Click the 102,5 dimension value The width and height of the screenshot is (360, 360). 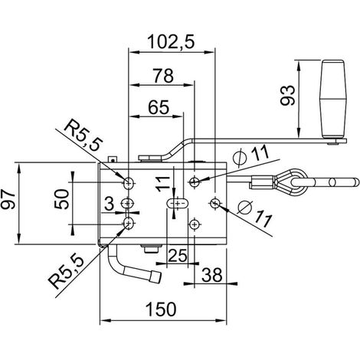click(171, 42)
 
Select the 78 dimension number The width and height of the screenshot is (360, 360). click(163, 76)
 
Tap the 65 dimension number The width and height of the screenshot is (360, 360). click(159, 107)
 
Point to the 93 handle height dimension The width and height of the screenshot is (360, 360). click(288, 96)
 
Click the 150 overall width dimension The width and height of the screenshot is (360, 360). click(161, 309)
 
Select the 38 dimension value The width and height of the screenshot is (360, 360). click(212, 275)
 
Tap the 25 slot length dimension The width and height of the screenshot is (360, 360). click(178, 255)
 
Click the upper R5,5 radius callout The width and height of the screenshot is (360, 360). click(83, 136)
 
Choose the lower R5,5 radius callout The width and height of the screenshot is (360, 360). click(67, 273)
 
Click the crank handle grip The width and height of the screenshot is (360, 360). click(333, 99)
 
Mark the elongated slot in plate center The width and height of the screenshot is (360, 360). click(178, 204)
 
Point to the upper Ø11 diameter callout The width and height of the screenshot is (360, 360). click(252, 155)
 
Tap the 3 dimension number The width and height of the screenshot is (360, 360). click(109, 204)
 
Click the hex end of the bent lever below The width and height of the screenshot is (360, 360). click(155, 277)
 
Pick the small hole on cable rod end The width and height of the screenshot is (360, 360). click(332, 182)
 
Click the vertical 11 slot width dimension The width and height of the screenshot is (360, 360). click(163, 184)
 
